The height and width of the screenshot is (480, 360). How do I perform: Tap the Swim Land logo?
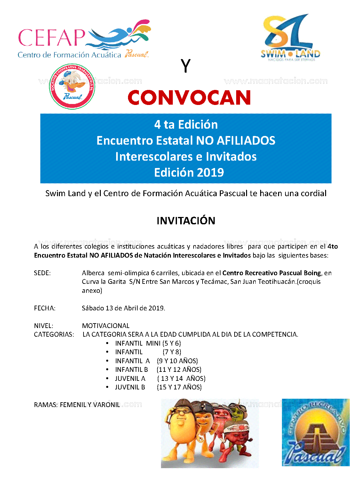pos(290,38)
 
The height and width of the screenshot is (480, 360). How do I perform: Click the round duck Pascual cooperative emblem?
pos(72,86)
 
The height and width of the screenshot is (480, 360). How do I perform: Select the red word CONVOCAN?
pos(189,98)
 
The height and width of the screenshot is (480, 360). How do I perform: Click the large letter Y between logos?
pos(186,66)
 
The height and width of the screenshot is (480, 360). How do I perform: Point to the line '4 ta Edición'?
pos(186,124)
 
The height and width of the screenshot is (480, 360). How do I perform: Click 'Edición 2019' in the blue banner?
pos(189,172)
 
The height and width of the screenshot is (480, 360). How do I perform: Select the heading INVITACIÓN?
pos(186,220)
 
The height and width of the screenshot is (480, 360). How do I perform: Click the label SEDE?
pos(42,273)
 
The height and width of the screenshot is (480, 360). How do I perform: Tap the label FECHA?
pos(44,308)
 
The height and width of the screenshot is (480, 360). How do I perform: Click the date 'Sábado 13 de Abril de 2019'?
pos(124,308)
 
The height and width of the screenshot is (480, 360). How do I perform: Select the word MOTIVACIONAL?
pos(106,326)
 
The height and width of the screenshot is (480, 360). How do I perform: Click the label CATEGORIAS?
pos(54,334)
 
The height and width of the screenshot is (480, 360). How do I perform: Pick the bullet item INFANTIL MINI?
pos(148,343)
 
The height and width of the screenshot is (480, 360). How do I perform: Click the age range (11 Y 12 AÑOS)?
pos(179,370)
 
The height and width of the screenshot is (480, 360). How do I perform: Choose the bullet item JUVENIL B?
pos(130,387)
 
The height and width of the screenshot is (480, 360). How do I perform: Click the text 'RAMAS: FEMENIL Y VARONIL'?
pos(77,405)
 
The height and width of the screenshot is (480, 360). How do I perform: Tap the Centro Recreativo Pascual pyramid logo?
pos(316,432)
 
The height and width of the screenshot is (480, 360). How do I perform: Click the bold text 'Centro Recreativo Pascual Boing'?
pos(272,273)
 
